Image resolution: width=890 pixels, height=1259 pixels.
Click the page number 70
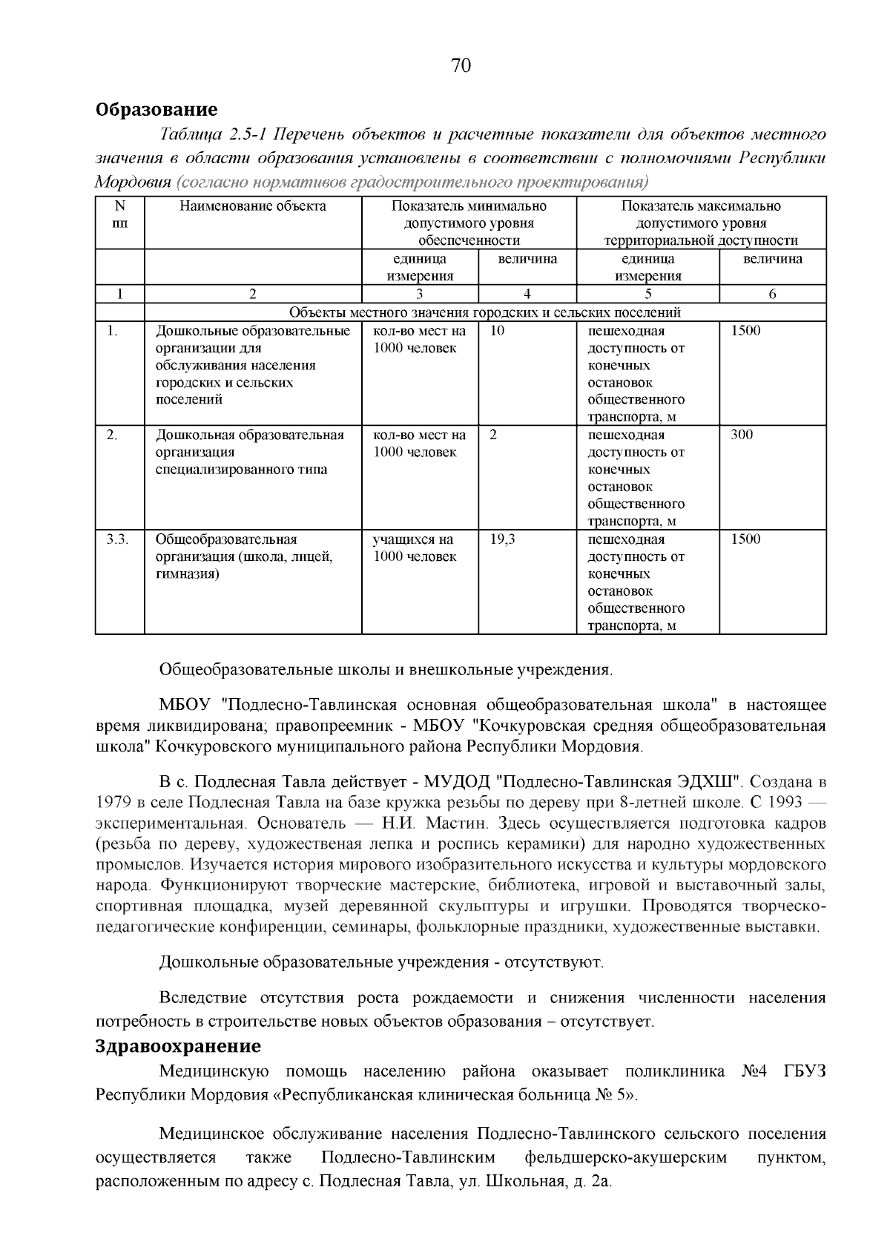[x=461, y=66]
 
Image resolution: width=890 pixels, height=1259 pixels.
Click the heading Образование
[x=156, y=110]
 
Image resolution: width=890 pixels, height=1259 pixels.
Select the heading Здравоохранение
[x=178, y=1046]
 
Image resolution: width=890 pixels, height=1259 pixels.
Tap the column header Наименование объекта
[x=252, y=206]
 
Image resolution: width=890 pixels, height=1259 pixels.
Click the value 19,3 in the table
[x=502, y=539]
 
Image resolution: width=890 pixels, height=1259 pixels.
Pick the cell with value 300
[x=742, y=435]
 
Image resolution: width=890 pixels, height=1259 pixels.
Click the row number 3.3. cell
[x=117, y=539]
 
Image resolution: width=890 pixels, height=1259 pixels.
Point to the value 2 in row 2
[x=493, y=435]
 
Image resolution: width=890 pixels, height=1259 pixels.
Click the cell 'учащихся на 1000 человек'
[x=414, y=548]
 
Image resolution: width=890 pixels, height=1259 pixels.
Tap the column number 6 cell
[x=772, y=294]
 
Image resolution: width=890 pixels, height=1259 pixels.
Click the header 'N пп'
[x=120, y=214]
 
